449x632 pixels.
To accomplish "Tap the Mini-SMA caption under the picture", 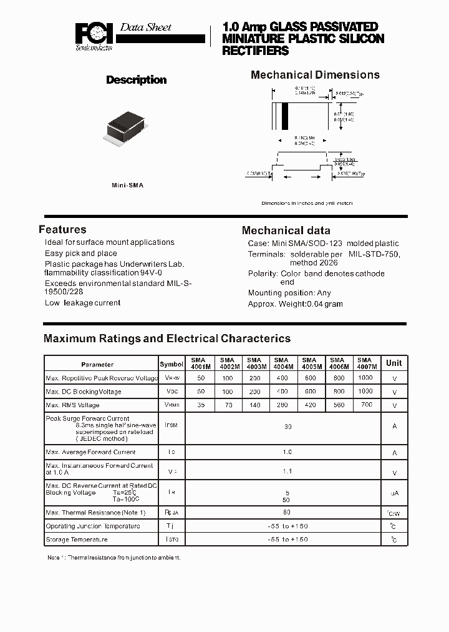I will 127,185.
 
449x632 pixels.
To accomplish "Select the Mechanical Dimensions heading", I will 315,75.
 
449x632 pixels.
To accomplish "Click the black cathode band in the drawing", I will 285,116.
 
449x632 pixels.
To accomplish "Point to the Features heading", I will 62,229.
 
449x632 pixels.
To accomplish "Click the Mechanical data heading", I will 286,230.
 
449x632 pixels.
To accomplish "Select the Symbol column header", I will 171,364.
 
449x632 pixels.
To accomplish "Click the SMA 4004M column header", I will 282,363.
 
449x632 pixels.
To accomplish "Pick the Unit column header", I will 393,363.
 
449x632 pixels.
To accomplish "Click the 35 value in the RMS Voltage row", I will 201,405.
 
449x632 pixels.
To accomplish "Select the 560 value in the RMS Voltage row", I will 339,405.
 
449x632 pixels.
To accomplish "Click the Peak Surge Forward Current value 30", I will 287,427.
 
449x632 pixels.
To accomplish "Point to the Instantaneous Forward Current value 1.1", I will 287,471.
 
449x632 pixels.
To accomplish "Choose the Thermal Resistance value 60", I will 287,512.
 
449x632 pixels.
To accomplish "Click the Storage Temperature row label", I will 77,540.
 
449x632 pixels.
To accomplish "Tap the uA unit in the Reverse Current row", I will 394,493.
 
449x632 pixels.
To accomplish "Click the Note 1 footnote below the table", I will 114,557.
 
